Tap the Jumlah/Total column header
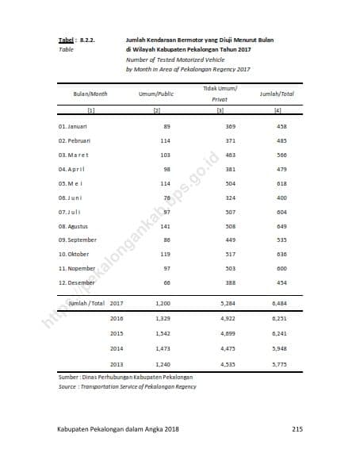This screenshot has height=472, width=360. click(x=277, y=94)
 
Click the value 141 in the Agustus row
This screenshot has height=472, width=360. click(x=165, y=226)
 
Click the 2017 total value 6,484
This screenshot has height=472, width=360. click(x=280, y=304)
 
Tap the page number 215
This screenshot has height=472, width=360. click(x=297, y=429)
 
